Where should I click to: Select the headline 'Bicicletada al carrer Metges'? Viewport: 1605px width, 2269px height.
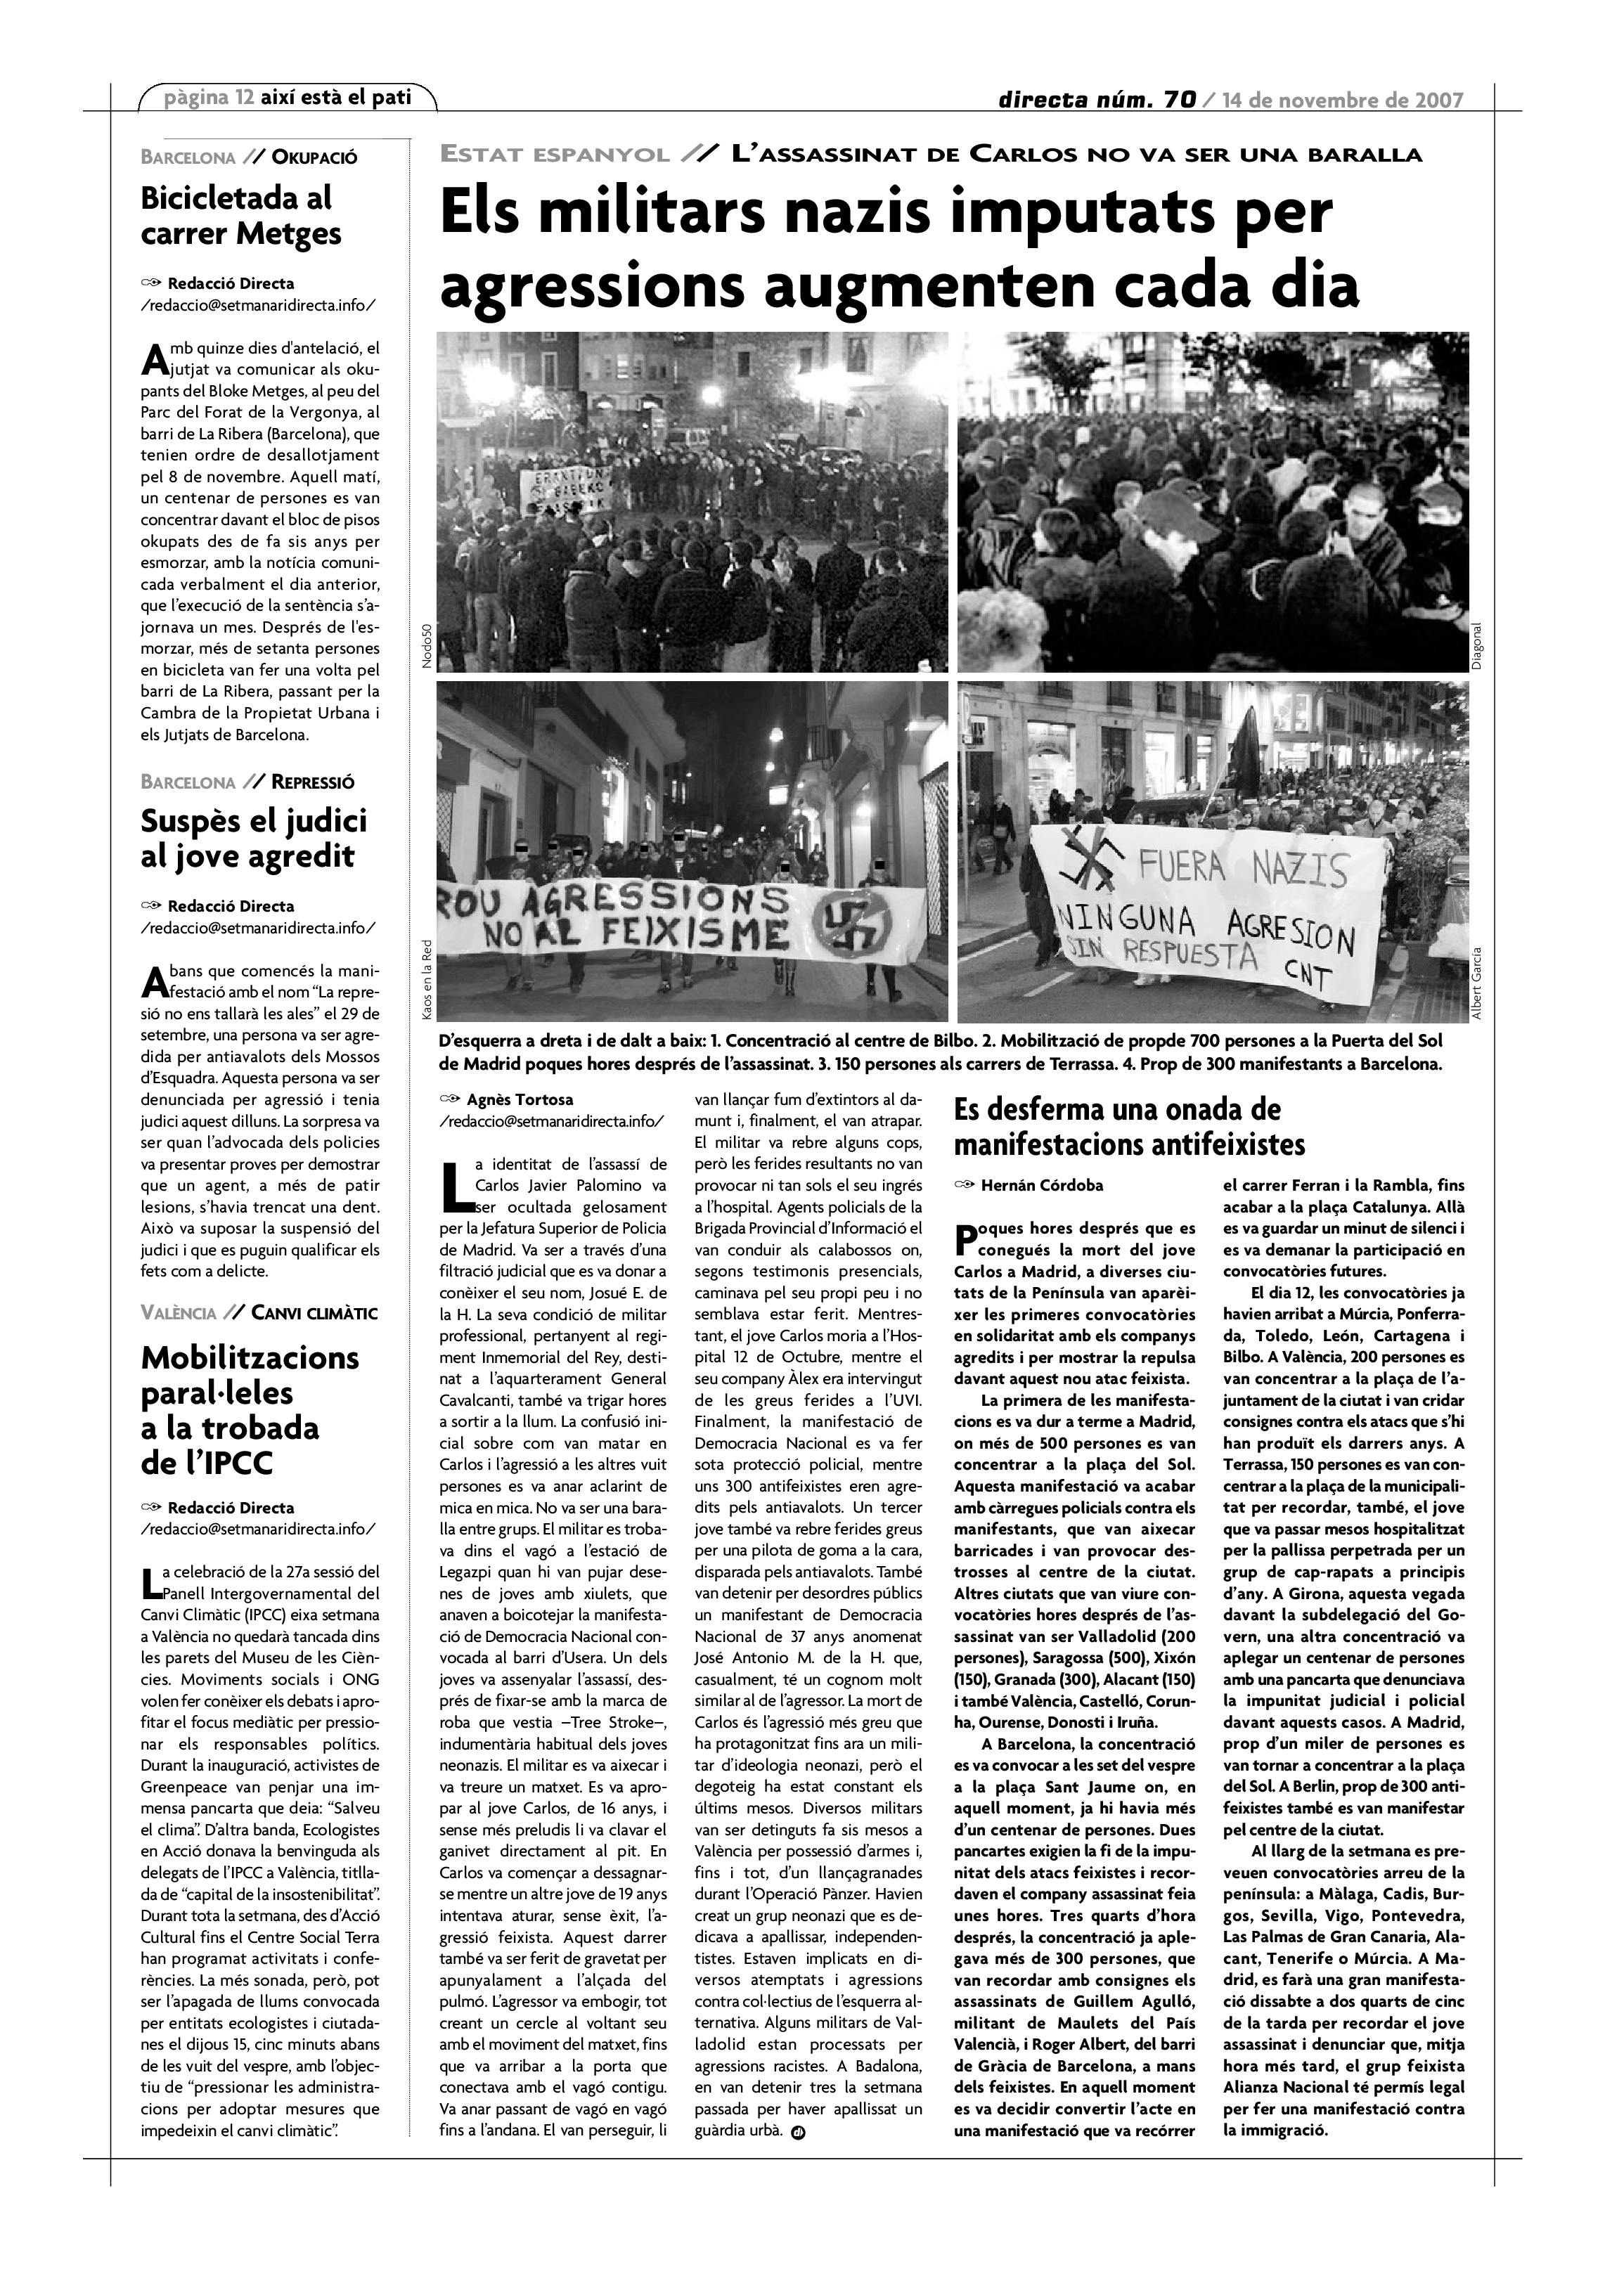click(x=241, y=215)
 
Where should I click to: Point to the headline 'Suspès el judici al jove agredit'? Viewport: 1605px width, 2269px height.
click(x=253, y=838)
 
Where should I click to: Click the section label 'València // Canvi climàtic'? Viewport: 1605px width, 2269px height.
click(x=259, y=1313)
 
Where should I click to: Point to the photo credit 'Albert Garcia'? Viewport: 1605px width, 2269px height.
click(x=1476, y=983)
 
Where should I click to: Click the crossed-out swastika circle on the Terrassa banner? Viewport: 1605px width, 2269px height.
click(x=852, y=926)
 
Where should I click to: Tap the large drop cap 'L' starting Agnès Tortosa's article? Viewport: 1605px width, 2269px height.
click(x=455, y=1187)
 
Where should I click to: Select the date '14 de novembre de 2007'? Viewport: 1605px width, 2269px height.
click(x=1342, y=100)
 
